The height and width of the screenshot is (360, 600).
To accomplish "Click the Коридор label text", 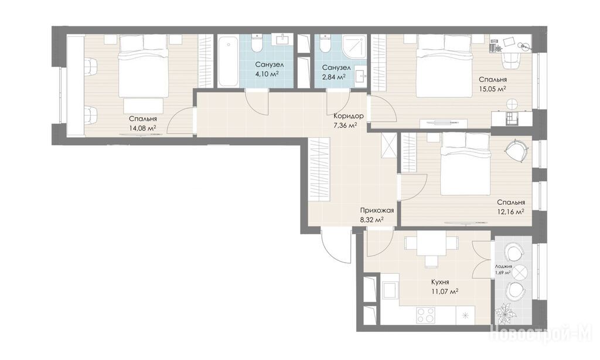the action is pos(348,116).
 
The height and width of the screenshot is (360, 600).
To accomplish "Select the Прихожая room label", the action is pos(377,210).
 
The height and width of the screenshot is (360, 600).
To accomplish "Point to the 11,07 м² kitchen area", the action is pos(445,291).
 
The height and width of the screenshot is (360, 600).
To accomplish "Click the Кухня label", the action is pos(440,282).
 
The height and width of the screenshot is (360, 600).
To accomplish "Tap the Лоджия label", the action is pos(503,267).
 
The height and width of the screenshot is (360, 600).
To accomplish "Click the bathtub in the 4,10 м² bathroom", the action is pos(229,62).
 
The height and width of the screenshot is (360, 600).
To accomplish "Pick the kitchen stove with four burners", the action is pos(426,315).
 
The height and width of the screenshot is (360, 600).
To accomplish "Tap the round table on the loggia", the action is pos(520,273).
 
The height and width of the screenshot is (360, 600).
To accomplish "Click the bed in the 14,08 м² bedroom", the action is pos(143,66).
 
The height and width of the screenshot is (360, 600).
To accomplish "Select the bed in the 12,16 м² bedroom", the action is pos(465,164).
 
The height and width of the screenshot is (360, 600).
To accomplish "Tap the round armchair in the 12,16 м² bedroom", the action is pos(517,150).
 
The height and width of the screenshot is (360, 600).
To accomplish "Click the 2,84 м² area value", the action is pos(333,77).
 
